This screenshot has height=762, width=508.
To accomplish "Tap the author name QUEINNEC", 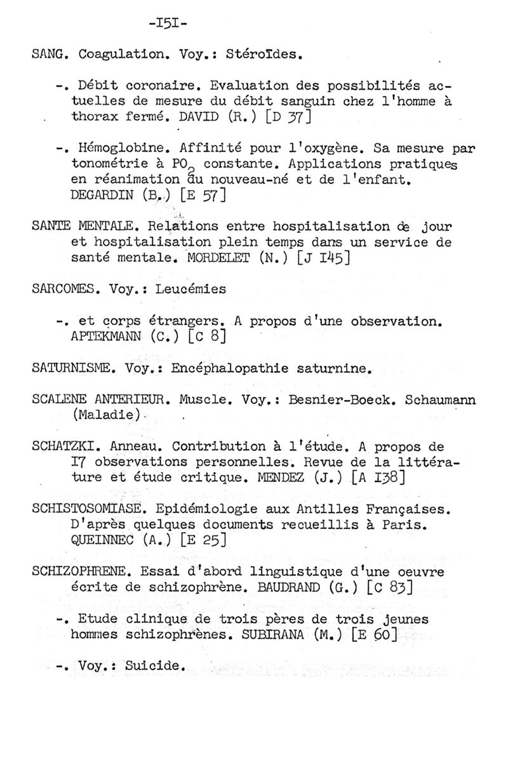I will coord(106,541).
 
